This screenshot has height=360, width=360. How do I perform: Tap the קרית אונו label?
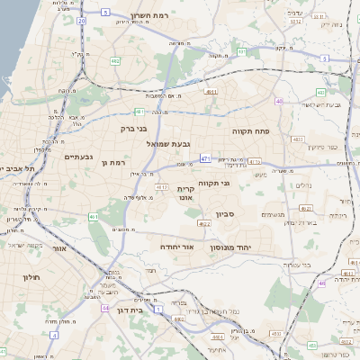pyautogui.click(x=185, y=193)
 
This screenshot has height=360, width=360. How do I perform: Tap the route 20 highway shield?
pyautogui.click(x=82, y=19)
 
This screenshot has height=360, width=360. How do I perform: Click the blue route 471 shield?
pyautogui.click(x=205, y=158)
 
